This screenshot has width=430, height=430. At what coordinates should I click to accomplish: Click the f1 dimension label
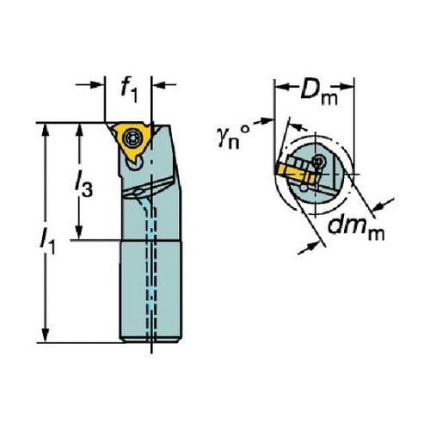[129, 89]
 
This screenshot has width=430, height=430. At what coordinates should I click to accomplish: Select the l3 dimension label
[83, 185]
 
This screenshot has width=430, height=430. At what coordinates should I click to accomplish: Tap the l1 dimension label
[47, 243]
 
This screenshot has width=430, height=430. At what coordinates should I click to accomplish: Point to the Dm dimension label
[318, 93]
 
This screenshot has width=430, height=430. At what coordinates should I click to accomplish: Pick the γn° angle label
[233, 137]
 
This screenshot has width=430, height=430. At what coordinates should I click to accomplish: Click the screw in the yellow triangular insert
[132, 138]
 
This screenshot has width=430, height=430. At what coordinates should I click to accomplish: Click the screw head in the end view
[319, 161]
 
